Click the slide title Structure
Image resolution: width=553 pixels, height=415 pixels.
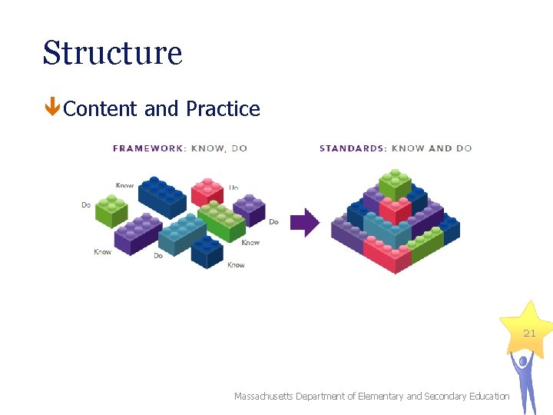112,53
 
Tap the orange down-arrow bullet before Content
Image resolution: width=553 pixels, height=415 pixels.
51,108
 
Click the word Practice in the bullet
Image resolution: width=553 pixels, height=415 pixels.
223,109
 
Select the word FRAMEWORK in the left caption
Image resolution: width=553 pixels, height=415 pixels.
146,148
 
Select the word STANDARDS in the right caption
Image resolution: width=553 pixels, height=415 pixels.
352,148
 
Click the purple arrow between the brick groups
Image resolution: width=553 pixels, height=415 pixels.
306,223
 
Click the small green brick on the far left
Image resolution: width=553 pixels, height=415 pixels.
111,210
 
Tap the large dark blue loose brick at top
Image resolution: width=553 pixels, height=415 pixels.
162,198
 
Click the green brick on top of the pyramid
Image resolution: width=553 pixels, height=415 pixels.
395,183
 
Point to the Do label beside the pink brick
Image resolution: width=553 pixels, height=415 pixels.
233,187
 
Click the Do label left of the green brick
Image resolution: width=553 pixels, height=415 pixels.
86,205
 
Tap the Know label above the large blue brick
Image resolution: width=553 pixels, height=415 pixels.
124,185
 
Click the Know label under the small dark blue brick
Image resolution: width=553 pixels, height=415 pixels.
236,265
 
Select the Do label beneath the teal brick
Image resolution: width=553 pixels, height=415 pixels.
158,256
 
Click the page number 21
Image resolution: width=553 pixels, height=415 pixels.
529,333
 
